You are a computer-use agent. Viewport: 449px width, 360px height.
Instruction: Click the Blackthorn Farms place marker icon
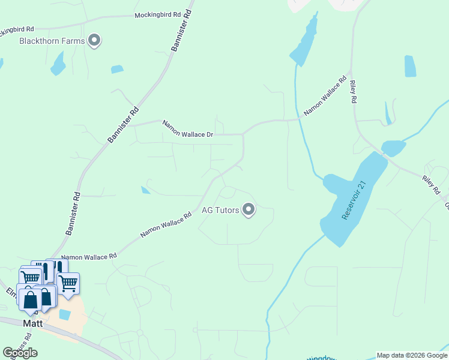[x=94, y=41]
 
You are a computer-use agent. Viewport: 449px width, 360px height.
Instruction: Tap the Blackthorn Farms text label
[x=52, y=41]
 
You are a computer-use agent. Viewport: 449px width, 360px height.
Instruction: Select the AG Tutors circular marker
[x=249, y=210]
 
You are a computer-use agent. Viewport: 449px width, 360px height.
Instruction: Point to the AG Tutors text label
[x=220, y=210]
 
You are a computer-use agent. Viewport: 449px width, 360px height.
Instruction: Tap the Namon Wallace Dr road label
[x=188, y=128]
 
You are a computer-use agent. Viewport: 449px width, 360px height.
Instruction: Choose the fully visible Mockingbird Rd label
[x=157, y=14]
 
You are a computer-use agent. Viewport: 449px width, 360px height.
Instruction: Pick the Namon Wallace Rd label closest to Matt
[x=89, y=256]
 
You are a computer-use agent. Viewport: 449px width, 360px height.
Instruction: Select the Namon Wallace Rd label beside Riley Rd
[x=325, y=95]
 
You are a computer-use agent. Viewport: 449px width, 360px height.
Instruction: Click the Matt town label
[x=32, y=323]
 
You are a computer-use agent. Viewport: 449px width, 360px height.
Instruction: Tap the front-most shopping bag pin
[x=30, y=298]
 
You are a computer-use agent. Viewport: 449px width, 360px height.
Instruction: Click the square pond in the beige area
[x=65, y=314]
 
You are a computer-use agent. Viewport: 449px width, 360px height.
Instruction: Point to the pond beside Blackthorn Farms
[x=58, y=64]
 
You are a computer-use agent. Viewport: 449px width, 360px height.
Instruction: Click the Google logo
[x=20, y=353]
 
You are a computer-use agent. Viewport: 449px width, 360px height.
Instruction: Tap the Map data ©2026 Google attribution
[x=412, y=355]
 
